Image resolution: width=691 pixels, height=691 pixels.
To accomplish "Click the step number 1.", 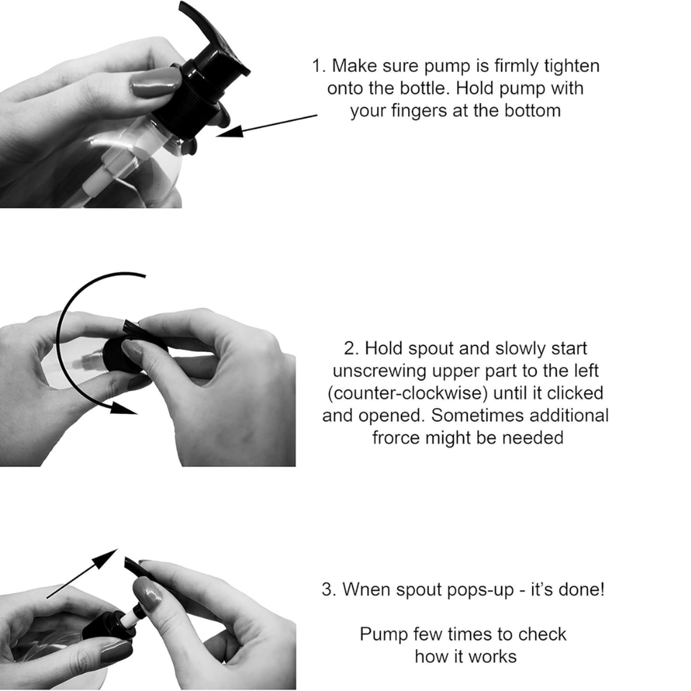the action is point(318,66).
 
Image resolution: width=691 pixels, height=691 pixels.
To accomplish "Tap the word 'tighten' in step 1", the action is point(572,66).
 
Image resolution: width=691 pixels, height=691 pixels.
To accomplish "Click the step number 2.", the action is point(351,348).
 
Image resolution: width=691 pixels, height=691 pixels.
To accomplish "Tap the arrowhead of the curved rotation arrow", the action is point(123,407).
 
